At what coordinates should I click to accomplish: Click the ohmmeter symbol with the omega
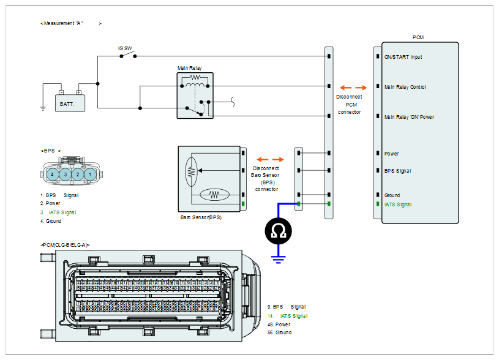point(279,231)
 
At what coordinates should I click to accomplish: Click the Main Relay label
point(189,68)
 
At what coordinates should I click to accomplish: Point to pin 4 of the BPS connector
point(54,174)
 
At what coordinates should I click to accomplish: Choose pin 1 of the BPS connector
point(89,174)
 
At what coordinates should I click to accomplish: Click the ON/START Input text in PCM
point(403,57)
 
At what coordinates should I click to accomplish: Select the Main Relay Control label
point(405,87)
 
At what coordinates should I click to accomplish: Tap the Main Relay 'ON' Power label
point(408,116)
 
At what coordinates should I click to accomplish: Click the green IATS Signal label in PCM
point(397,204)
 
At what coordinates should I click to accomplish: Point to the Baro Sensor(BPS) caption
point(201,217)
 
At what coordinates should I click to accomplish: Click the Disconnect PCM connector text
point(349,104)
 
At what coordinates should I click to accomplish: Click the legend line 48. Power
point(279,324)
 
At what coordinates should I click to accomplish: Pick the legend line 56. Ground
point(279,332)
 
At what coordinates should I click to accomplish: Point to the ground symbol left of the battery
point(43,108)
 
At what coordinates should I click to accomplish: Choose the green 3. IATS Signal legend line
point(59,212)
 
